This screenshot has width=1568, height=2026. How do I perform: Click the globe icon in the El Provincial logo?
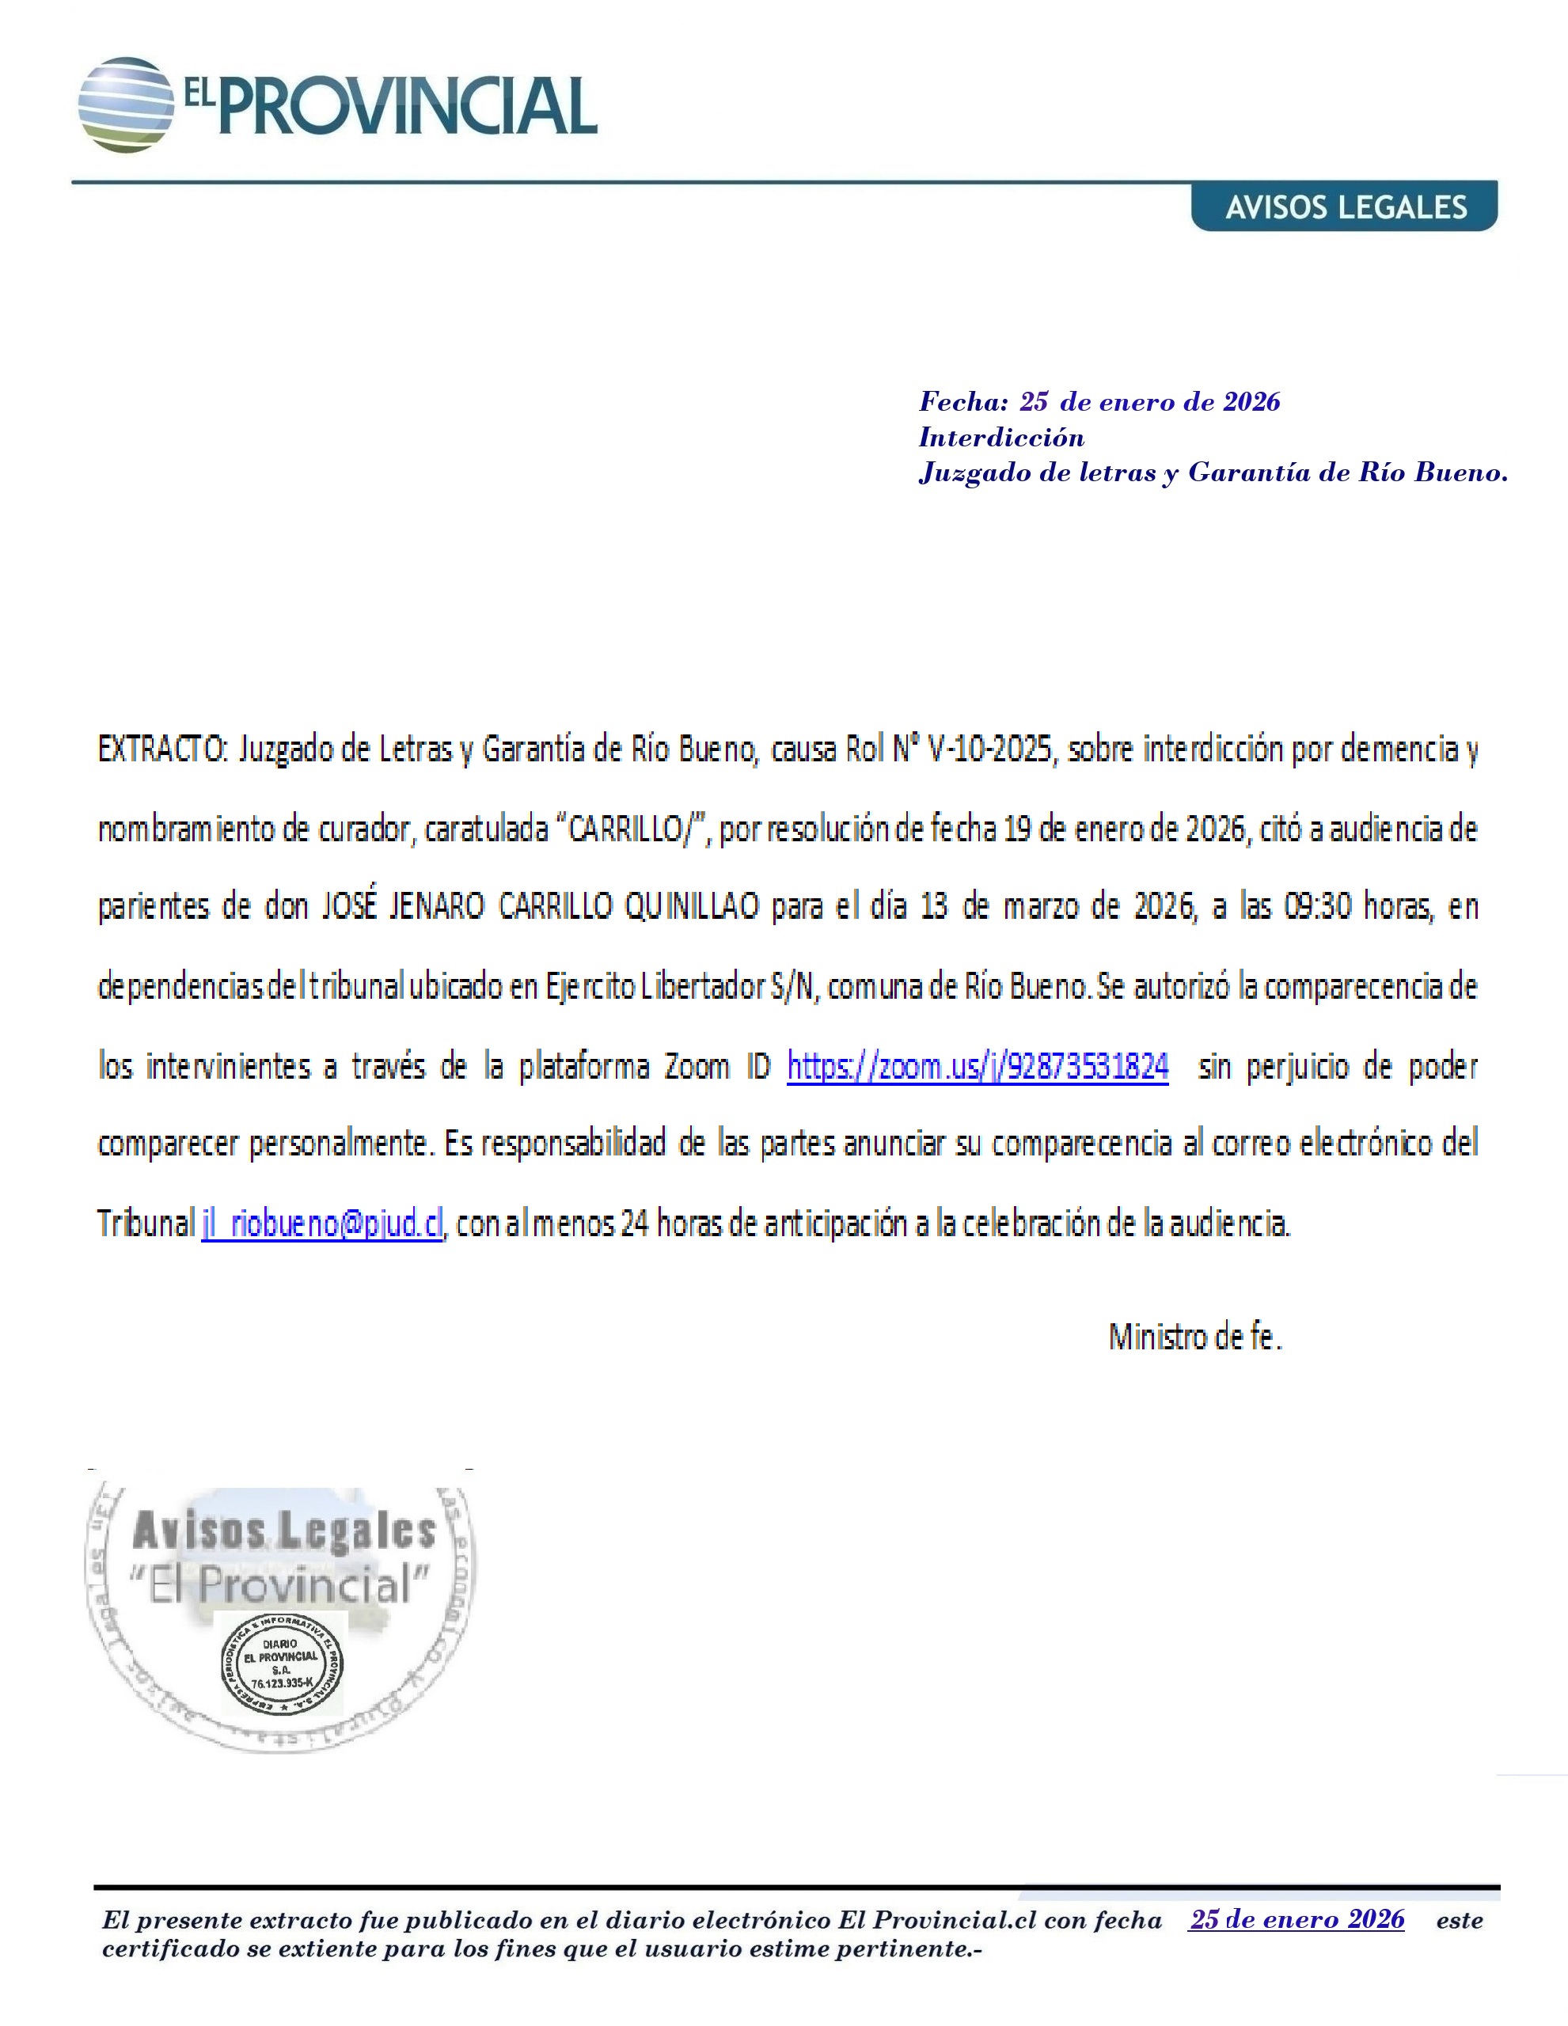click(x=125, y=104)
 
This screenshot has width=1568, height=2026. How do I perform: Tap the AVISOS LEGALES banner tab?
click(x=1346, y=206)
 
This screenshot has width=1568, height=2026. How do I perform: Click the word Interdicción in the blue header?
click(x=1001, y=437)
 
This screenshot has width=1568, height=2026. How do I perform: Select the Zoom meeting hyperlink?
click(x=977, y=1067)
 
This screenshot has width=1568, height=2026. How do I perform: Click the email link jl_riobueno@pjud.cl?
click(x=322, y=1224)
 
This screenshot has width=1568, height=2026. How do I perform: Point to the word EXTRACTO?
click(x=162, y=749)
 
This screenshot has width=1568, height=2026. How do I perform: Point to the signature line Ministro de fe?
click(x=1195, y=1337)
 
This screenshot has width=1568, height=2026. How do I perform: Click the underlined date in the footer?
click(x=1297, y=1919)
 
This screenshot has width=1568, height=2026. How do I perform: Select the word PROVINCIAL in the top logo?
click(x=406, y=106)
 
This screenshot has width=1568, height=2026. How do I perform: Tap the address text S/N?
click(x=794, y=987)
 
